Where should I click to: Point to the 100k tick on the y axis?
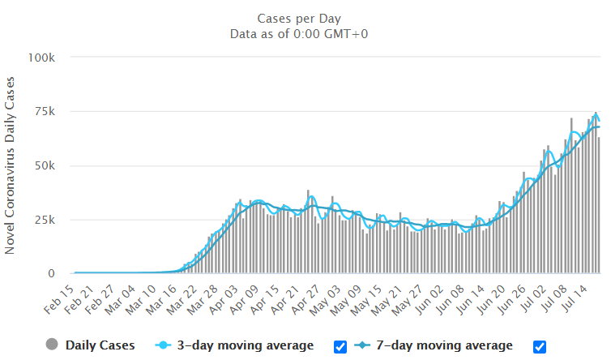coord(41,58)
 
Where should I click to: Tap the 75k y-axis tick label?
coord(45,112)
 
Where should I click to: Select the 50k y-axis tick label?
coord(45,165)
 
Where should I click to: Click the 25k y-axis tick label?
coord(45,220)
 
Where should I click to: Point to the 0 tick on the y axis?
coord(50,274)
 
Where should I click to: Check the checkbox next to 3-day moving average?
coord(340,346)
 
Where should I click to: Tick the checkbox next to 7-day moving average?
coord(540,346)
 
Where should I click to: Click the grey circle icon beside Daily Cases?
coord(53,345)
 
